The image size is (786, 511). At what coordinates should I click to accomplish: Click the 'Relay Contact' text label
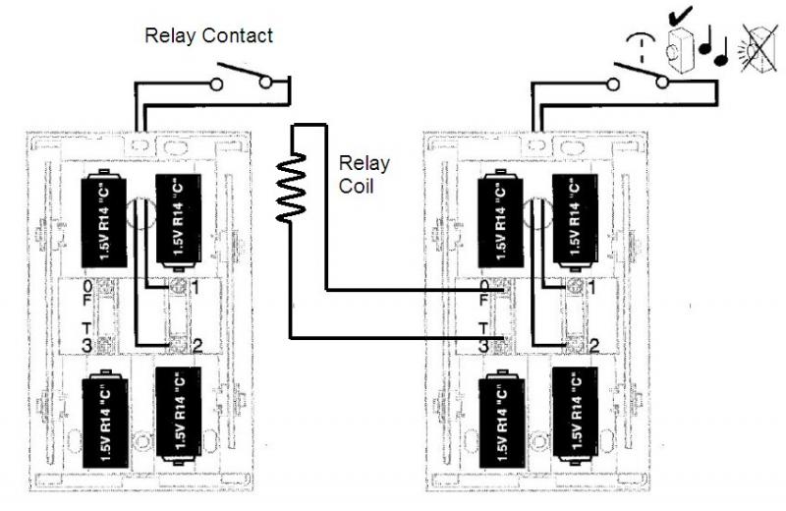click(208, 36)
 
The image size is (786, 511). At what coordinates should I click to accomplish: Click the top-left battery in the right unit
click(495, 218)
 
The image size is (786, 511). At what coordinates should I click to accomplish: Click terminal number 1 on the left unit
click(196, 287)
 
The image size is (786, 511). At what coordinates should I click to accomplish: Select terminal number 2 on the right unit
click(592, 344)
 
